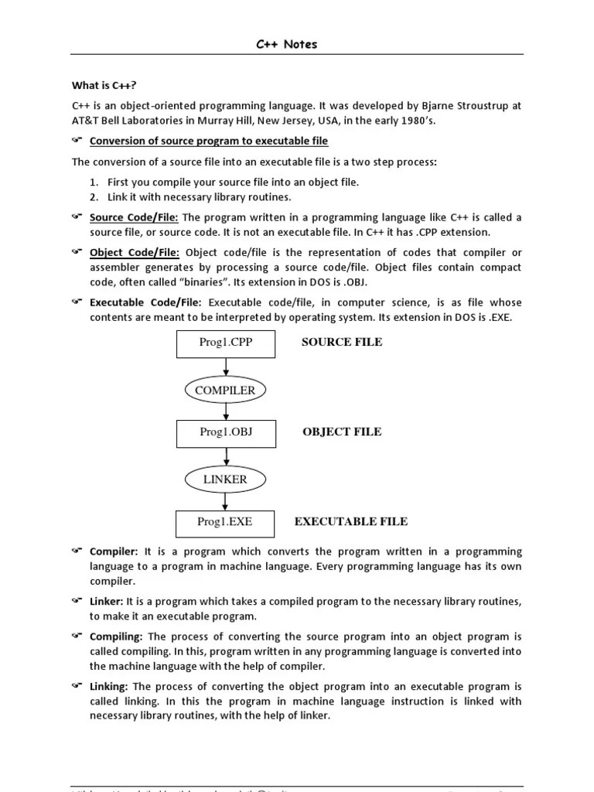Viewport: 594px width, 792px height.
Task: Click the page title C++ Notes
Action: [286, 44]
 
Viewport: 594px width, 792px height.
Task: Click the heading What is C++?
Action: [98, 85]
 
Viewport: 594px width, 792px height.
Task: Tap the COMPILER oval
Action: [225, 391]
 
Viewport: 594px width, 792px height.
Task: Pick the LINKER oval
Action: [225, 480]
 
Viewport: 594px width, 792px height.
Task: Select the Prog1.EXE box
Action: [224, 522]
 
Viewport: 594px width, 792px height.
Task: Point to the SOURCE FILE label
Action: [342, 342]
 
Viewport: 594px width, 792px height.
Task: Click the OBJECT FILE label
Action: [342, 432]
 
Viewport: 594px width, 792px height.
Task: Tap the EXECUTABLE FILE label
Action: [351, 521]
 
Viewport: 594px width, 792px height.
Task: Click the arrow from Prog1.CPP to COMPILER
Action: [225, 367]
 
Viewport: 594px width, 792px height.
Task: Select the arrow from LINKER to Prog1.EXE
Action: [225, 501]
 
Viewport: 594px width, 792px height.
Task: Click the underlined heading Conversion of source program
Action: [209, 141]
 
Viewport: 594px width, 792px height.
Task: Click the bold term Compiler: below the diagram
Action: [114, 551]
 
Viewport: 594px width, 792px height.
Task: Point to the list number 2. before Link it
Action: [93, 196]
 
